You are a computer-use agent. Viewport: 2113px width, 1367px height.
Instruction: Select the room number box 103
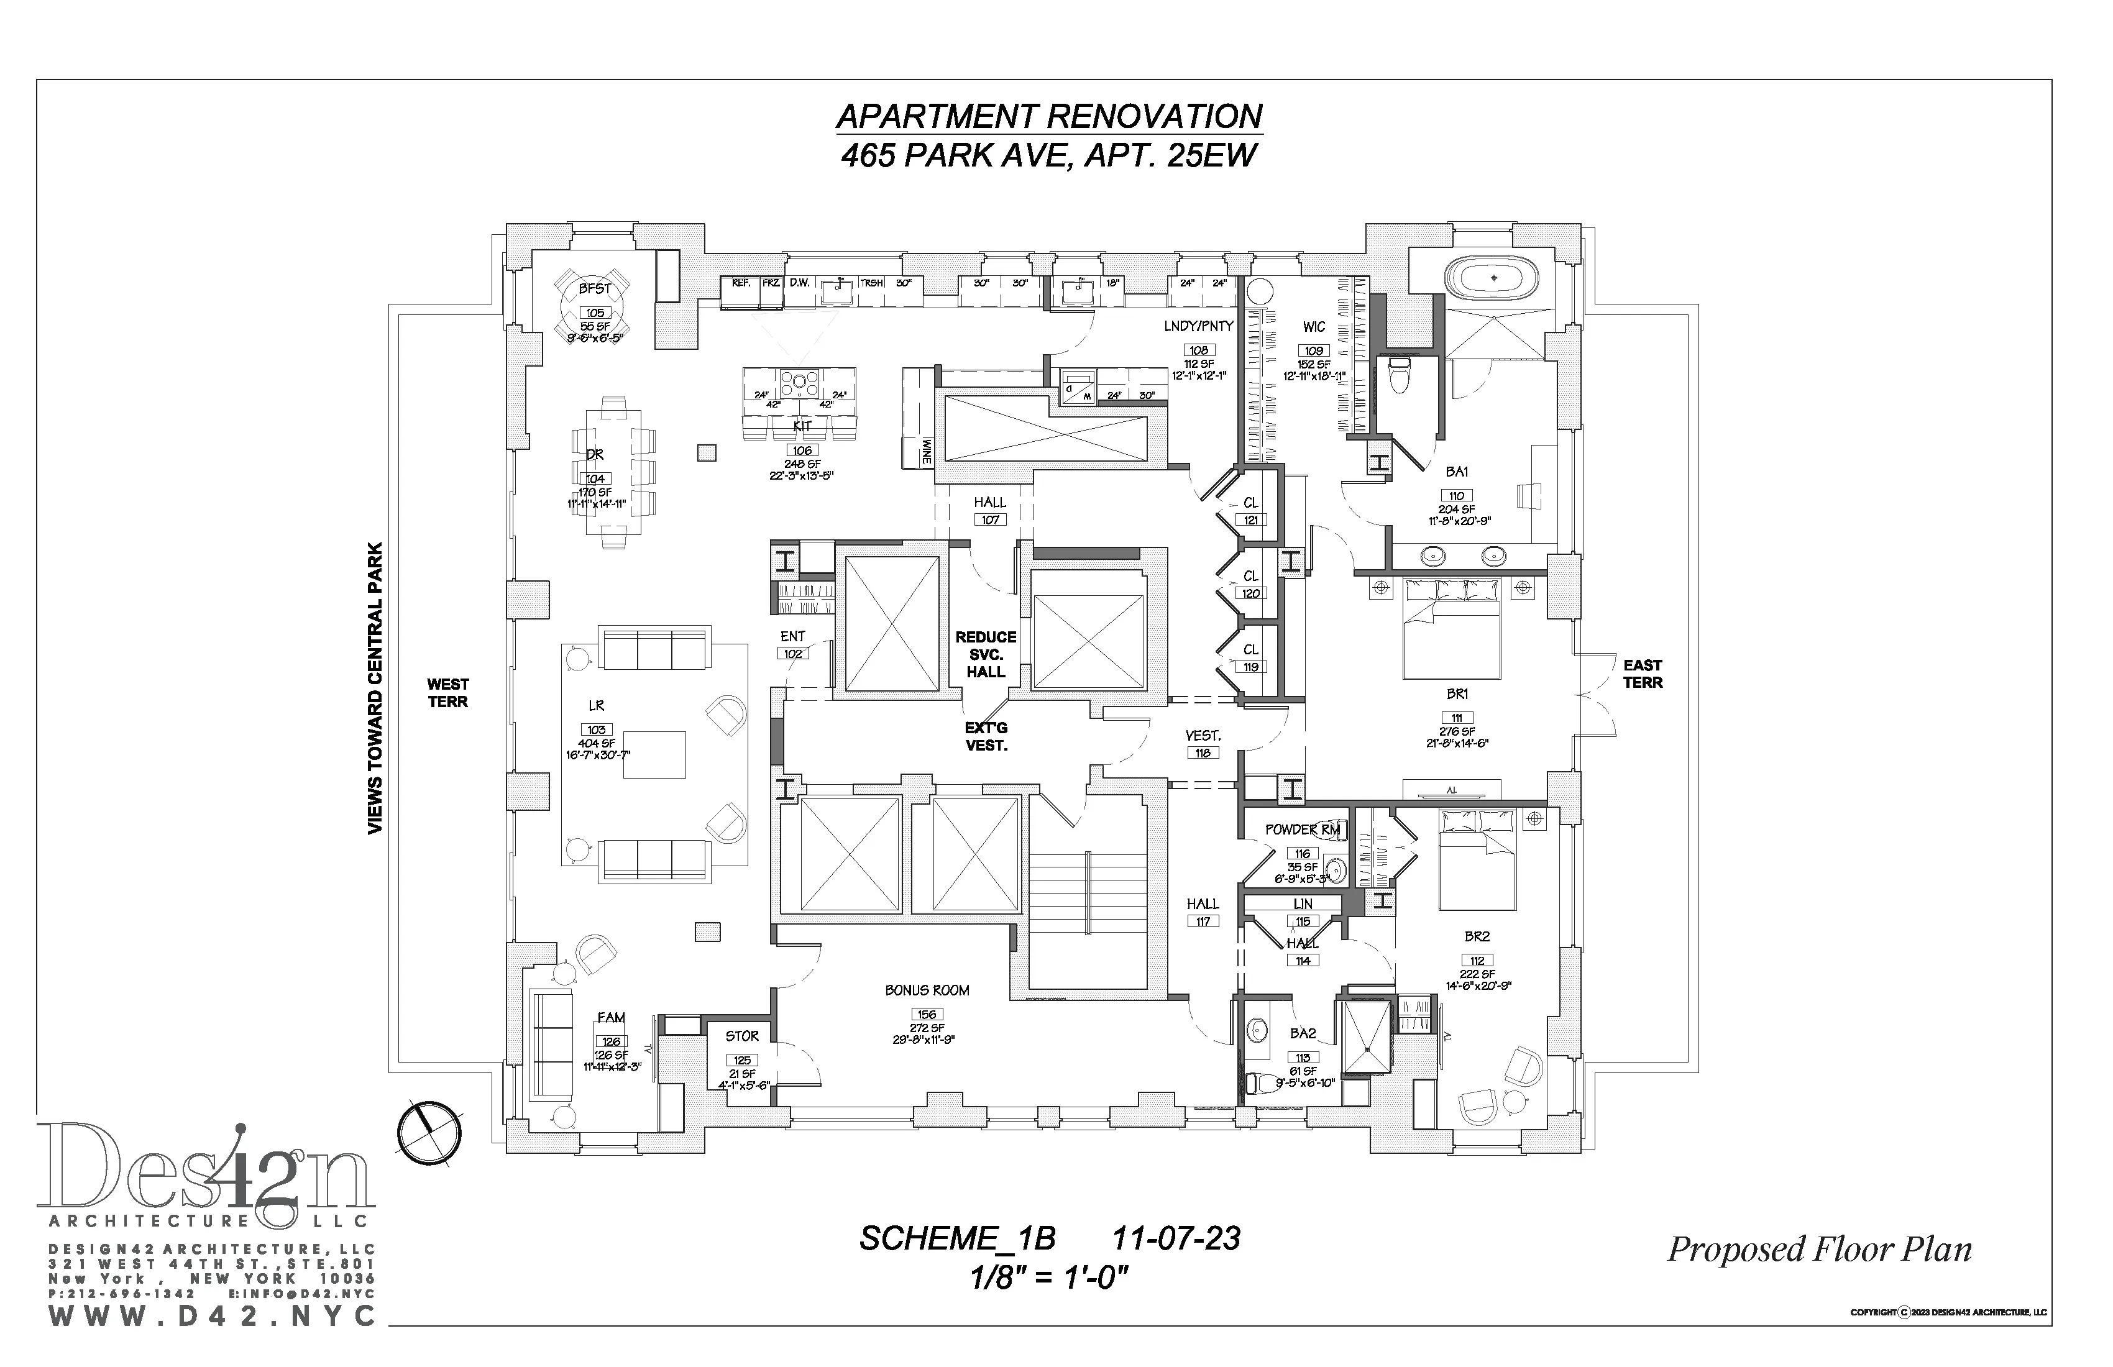(x=596, y=729)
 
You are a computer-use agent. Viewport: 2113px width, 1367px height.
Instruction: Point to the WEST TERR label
(x=447, y=692)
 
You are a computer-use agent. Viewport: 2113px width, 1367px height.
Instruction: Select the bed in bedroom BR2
(x=1477, y=870)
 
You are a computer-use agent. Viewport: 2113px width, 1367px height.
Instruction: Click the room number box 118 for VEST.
(x=1202, y=752)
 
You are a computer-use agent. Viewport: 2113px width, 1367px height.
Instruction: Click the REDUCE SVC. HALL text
(x=986, y=654)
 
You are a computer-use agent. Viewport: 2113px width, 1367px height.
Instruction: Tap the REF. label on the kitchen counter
(x=740, y=283)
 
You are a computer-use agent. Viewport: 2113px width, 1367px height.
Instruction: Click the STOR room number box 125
(x=742, y=1060)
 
